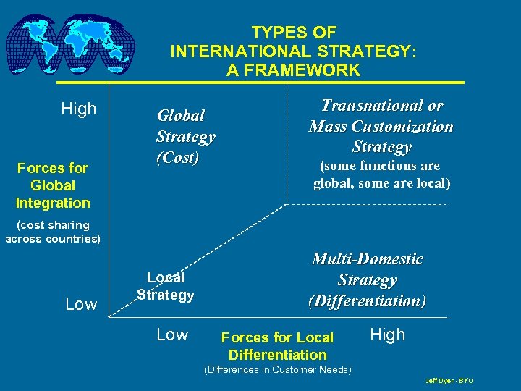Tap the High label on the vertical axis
point(78,109)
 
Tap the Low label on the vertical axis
point(81,305)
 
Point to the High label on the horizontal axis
point(388,335)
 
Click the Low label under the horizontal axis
point(172,335)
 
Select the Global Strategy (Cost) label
point(185,136)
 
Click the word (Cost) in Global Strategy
point(177,158)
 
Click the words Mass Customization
point(381,127)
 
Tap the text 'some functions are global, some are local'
point(381,175)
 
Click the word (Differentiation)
point(367,300)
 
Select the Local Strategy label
point(166,286)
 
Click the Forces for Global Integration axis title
point(53,185)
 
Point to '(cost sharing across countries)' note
point(53,232)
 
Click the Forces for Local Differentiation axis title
point(277,346)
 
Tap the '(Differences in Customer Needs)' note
point(278,370)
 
